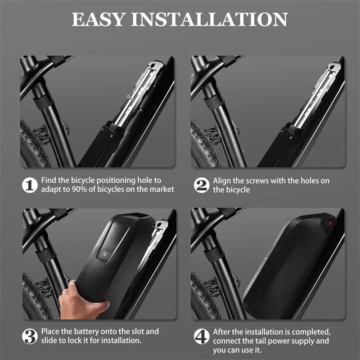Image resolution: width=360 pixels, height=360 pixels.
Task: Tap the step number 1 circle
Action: tap(29, 185)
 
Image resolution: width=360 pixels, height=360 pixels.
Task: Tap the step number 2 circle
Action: tap(201, 185)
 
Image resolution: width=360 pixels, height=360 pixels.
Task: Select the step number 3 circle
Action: tap(29, 336)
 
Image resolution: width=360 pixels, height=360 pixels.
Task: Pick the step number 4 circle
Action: tap(201, 336)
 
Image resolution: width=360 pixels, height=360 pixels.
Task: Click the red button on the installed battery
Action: tap(329, 223)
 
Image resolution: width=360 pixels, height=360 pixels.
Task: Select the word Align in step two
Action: tap(222, 181)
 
